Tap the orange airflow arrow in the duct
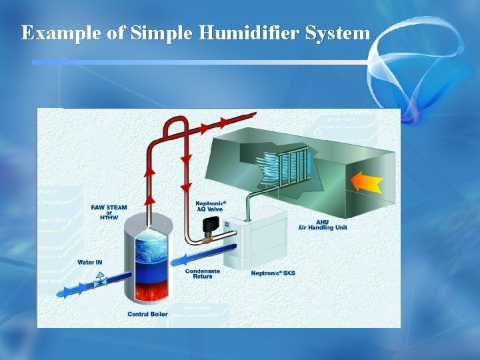pyautogui.click(x=366, y=181)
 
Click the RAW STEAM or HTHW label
pyautogui.click(x=109, y=213)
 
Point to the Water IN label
pyautogui.click(x=90, y=263)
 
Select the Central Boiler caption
pyautogui.click(x=147, y=314)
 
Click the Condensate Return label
pyautogui.click(x=203, y=273)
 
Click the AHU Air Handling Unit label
pyautogui.click(x=323, y=225)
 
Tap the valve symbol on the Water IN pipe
pyautogui.click(x=100, y=281)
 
